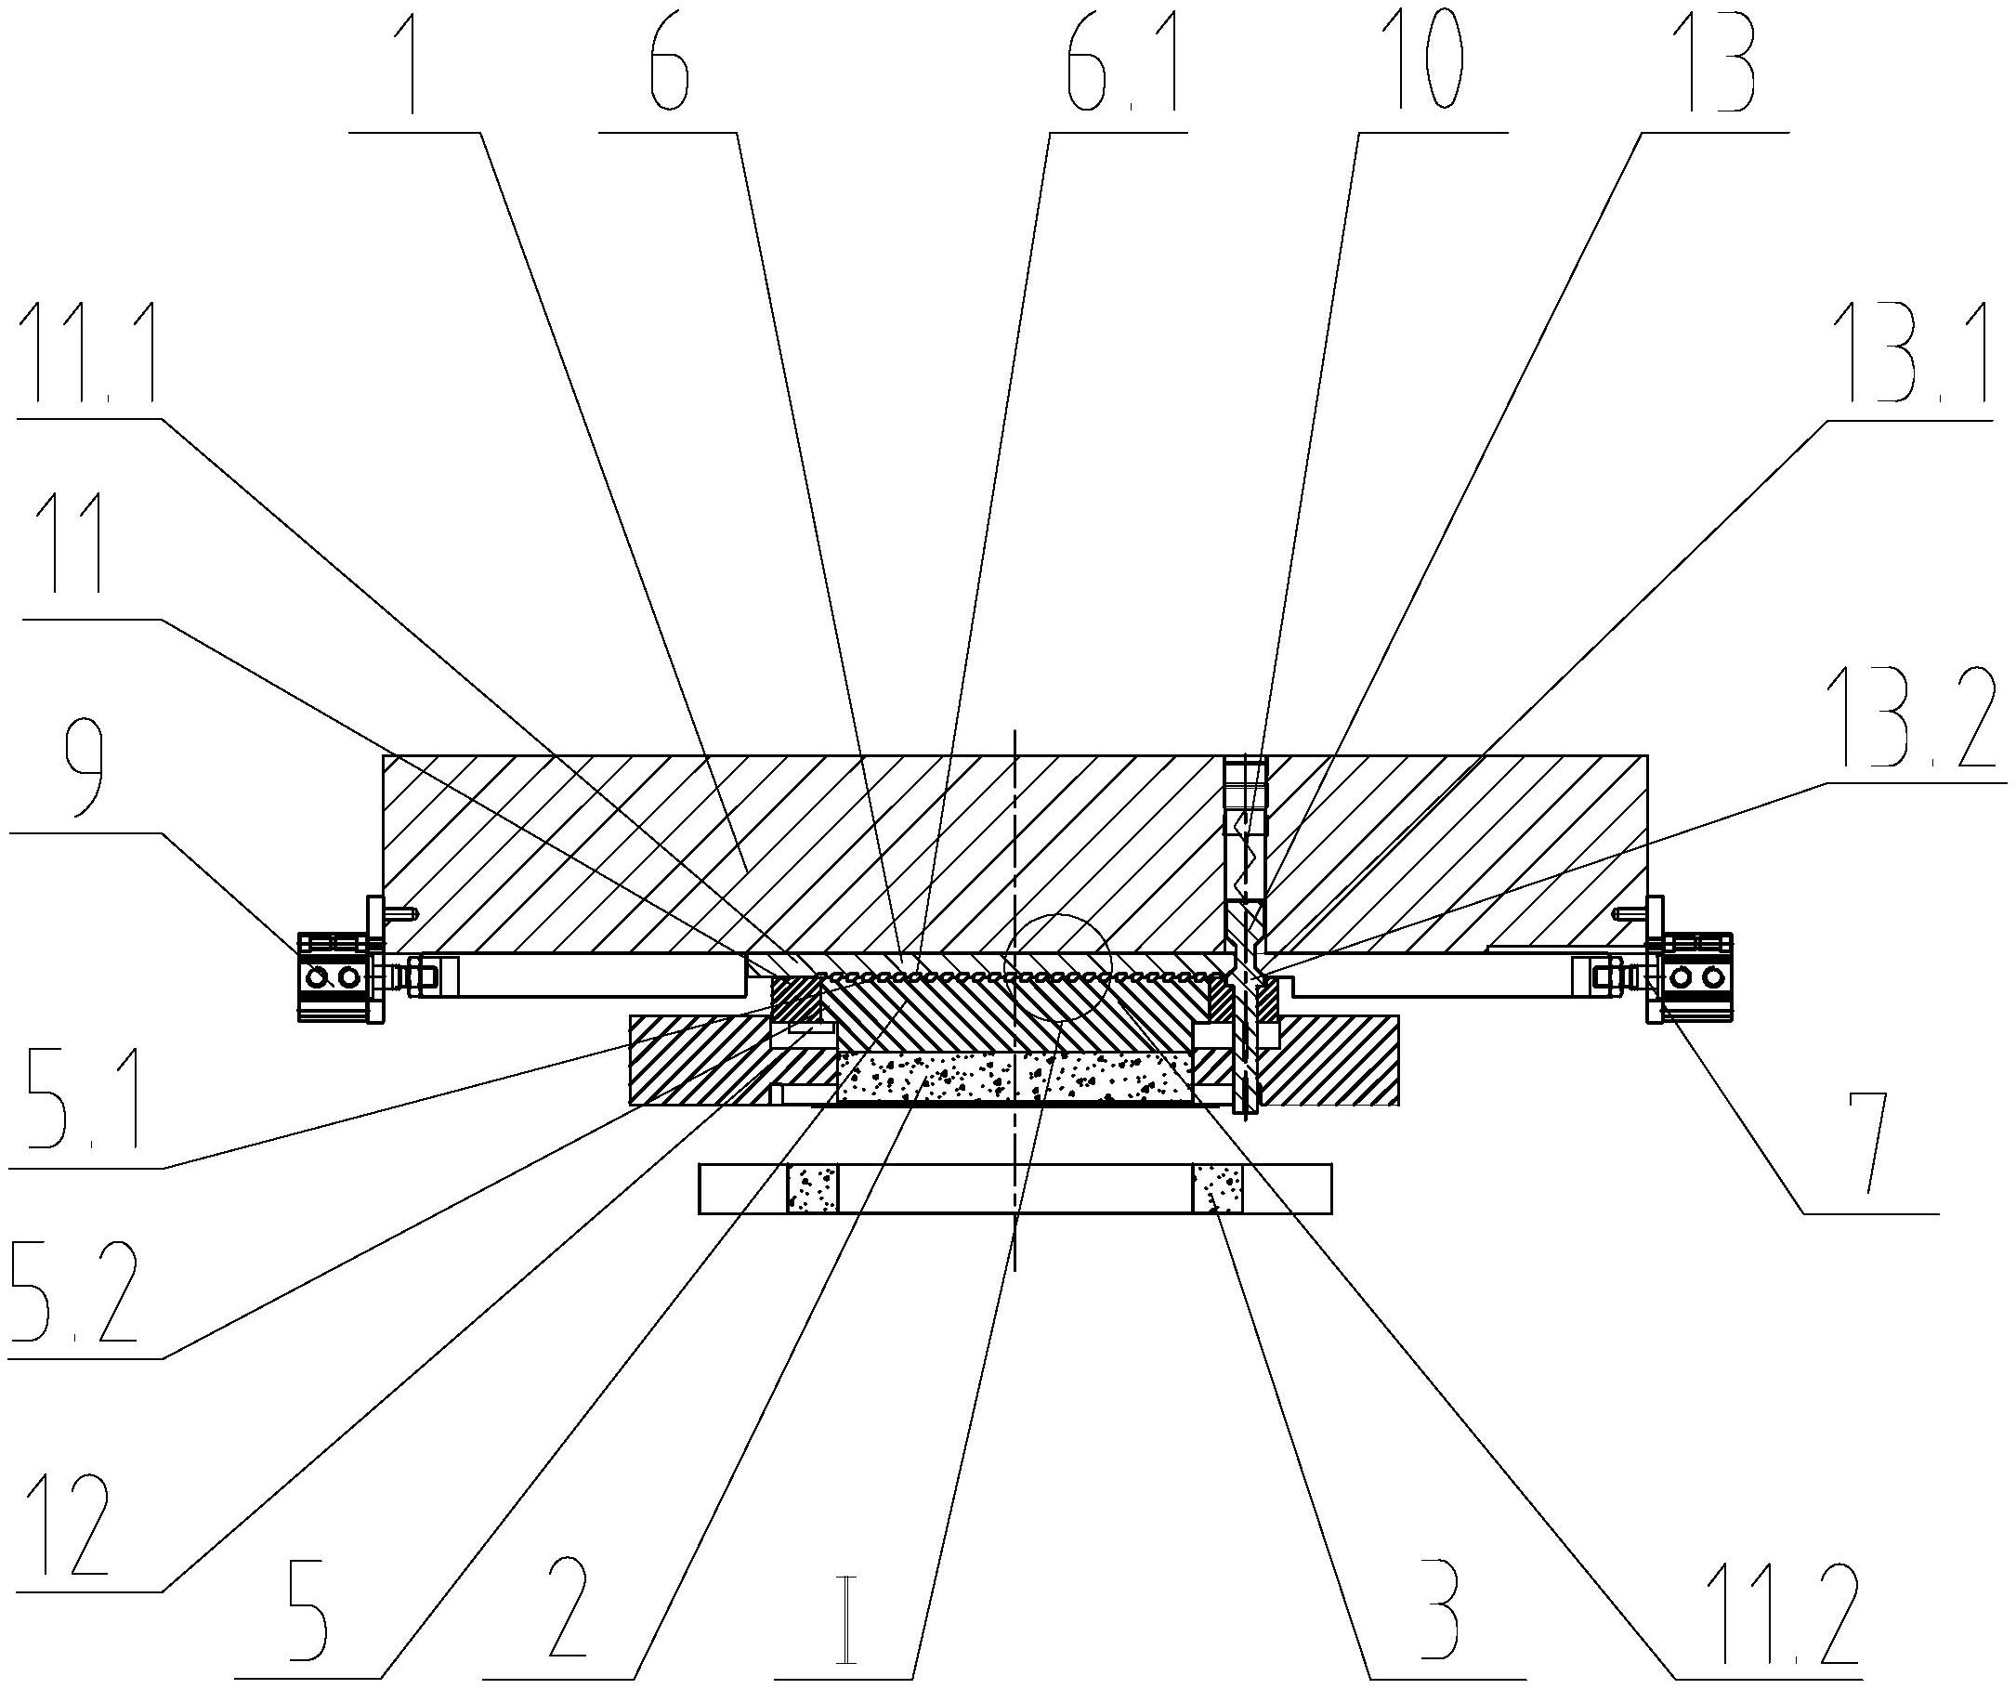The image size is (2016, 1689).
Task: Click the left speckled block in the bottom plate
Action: [812, 1189]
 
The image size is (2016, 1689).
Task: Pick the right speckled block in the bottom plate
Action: [1217, 1189]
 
